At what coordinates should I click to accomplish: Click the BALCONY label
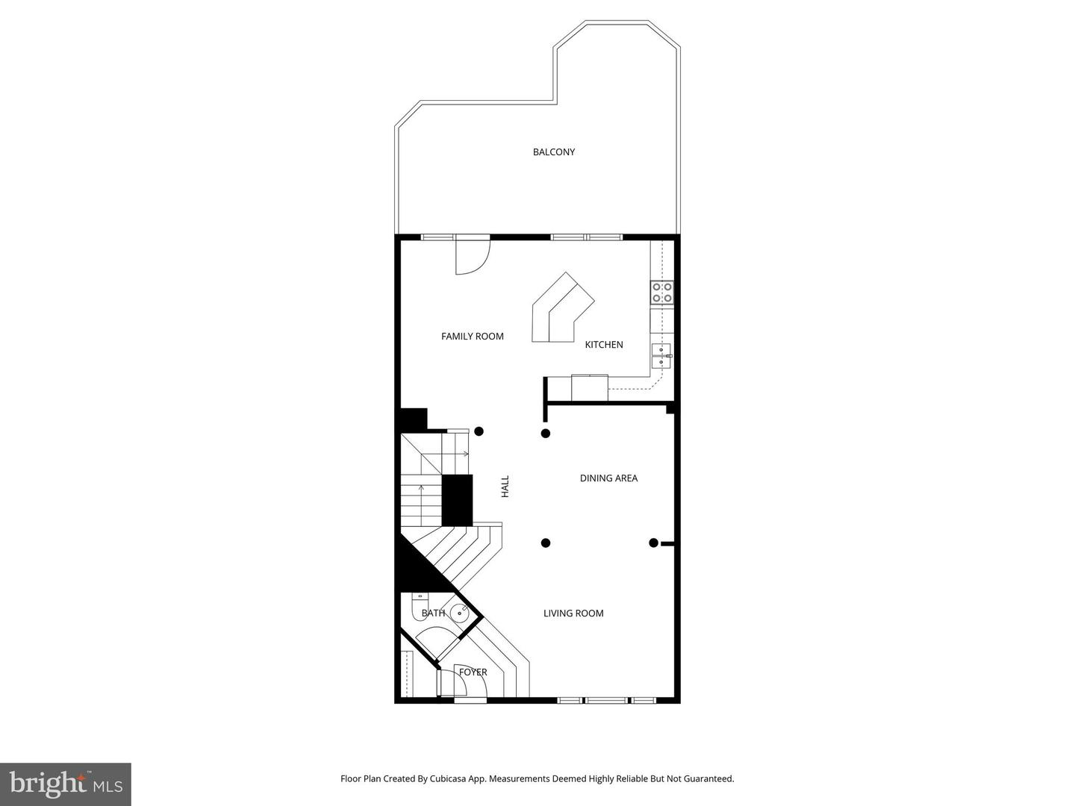point(553,152)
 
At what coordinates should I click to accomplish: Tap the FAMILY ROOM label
point(472,336)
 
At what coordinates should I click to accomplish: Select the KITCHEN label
point(604,345)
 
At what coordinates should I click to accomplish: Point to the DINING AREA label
point(608,478)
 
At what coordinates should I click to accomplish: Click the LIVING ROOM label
point(573,613)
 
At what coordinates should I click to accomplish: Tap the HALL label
point(505,487)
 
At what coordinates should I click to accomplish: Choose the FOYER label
point(473,672)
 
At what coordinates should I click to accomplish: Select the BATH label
point(434,613)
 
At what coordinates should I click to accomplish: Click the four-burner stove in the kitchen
point(662,292)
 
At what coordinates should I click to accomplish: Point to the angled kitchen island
point(563,307)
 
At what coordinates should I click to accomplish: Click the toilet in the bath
point(420,606)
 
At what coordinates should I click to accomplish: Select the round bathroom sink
point(460,612)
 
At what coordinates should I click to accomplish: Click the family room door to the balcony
point(473,254)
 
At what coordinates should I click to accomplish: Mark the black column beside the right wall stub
point(653,543)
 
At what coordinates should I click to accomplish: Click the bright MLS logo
point(66,784)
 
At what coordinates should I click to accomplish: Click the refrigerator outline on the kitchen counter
point(590,387)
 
